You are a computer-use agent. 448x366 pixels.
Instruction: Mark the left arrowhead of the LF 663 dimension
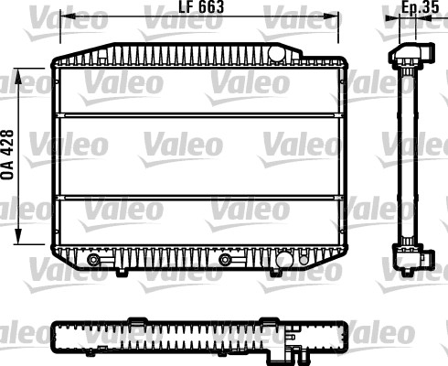pyautogui.click(x=61, y=16)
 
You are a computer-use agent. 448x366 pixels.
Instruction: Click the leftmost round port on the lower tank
pyautogui.click(x=92, y=260)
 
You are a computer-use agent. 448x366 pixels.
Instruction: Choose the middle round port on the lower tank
pyautogui.click(x=225, y=260)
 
